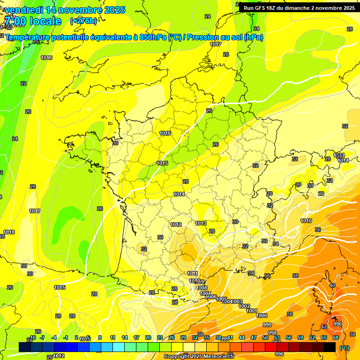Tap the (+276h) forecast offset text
click(83, 21)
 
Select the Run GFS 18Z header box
click(299, 7)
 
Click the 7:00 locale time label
click(33, 21)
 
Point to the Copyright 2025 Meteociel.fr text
click(199, 357)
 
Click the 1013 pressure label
click(201, 223)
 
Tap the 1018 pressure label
click(9, 232)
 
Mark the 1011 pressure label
click(192, 273)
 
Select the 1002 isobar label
click(244, 306)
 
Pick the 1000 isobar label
click(262, 315)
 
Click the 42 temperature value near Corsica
click(324, 327)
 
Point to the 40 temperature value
click(332, 285)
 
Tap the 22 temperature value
click(23, 83)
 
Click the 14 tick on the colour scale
click(125, 337)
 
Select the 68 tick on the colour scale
click(336, 337)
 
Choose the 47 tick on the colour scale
click(254, 337)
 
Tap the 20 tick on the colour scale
click(148, 337)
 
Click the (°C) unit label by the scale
click(345, 348)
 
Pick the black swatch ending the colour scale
click(330, 347)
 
